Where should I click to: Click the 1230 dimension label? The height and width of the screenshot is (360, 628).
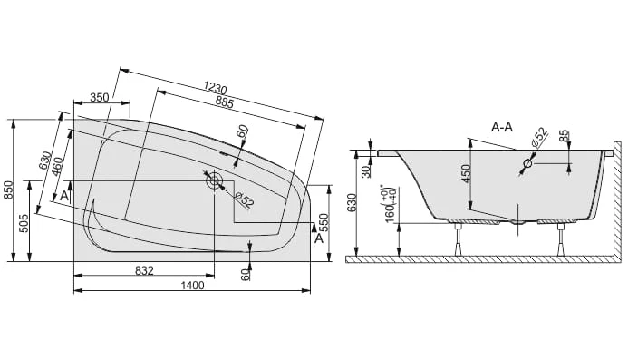click(215, 87)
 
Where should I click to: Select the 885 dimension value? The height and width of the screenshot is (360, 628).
click(224, 102)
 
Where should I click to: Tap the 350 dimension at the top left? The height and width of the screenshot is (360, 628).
click(100, 97)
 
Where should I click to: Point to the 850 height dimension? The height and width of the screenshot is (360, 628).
click(8, 190)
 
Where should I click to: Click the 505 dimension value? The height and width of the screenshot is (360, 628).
click(24, 223)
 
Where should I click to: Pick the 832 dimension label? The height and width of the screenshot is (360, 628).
click(144, 271)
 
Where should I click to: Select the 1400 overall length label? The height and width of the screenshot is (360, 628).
click(193, 286)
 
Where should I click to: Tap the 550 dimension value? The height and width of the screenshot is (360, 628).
click(324, 223)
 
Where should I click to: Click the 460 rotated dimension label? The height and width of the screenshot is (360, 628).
click(57, 168)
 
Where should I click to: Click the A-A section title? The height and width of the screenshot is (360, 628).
click(502, 128)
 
